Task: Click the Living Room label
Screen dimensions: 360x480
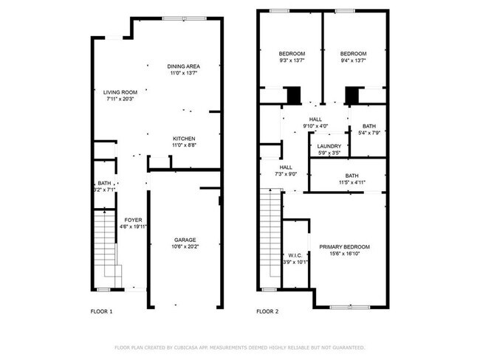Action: click(120, 92)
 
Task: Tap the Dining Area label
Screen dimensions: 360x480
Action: click(183, 66)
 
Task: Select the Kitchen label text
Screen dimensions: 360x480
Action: click(184, 139)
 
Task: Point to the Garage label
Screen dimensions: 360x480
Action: click(185, 240)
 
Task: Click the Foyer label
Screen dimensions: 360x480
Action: click(133, 221)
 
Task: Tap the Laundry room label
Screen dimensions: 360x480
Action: click(329, 146)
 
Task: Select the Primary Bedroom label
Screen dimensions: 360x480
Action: click(344, 246)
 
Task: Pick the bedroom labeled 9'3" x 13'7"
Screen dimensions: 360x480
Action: click(292, 54)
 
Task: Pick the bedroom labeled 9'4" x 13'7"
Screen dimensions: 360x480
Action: click(353, 54)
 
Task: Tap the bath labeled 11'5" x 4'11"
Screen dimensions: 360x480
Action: click(352, 176)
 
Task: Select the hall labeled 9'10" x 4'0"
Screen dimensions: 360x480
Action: click(315, 119)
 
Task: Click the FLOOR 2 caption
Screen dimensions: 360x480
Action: click(267, 312)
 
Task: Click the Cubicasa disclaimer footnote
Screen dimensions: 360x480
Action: click(239, 347)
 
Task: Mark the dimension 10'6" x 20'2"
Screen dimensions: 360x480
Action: click(185, 247)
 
